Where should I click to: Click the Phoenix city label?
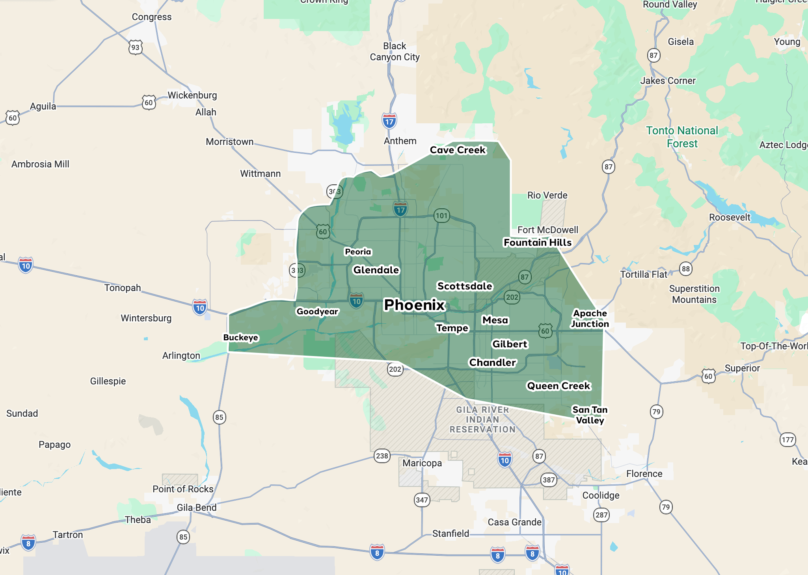point(414,305)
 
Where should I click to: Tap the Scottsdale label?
point(465,286)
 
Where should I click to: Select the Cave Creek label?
point(458,150)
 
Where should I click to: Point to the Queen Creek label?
point(559,386)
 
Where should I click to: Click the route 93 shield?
point(135,47)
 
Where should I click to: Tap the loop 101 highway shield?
point(441,215)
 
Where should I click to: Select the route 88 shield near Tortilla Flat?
point(686,269)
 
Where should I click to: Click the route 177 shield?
point(788,440)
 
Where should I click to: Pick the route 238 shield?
point(382,456)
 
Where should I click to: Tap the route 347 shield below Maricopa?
point(422,500)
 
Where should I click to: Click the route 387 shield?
point(549,480)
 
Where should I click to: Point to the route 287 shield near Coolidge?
point(601,515)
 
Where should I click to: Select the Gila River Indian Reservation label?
point(483,419)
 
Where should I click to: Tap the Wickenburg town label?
point(192,95)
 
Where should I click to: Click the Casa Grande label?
point(514,522)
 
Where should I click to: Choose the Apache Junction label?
point(590,318)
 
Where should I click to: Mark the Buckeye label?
point(240,338)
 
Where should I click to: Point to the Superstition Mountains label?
point(694,294)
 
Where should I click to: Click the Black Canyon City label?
point(395,52)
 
